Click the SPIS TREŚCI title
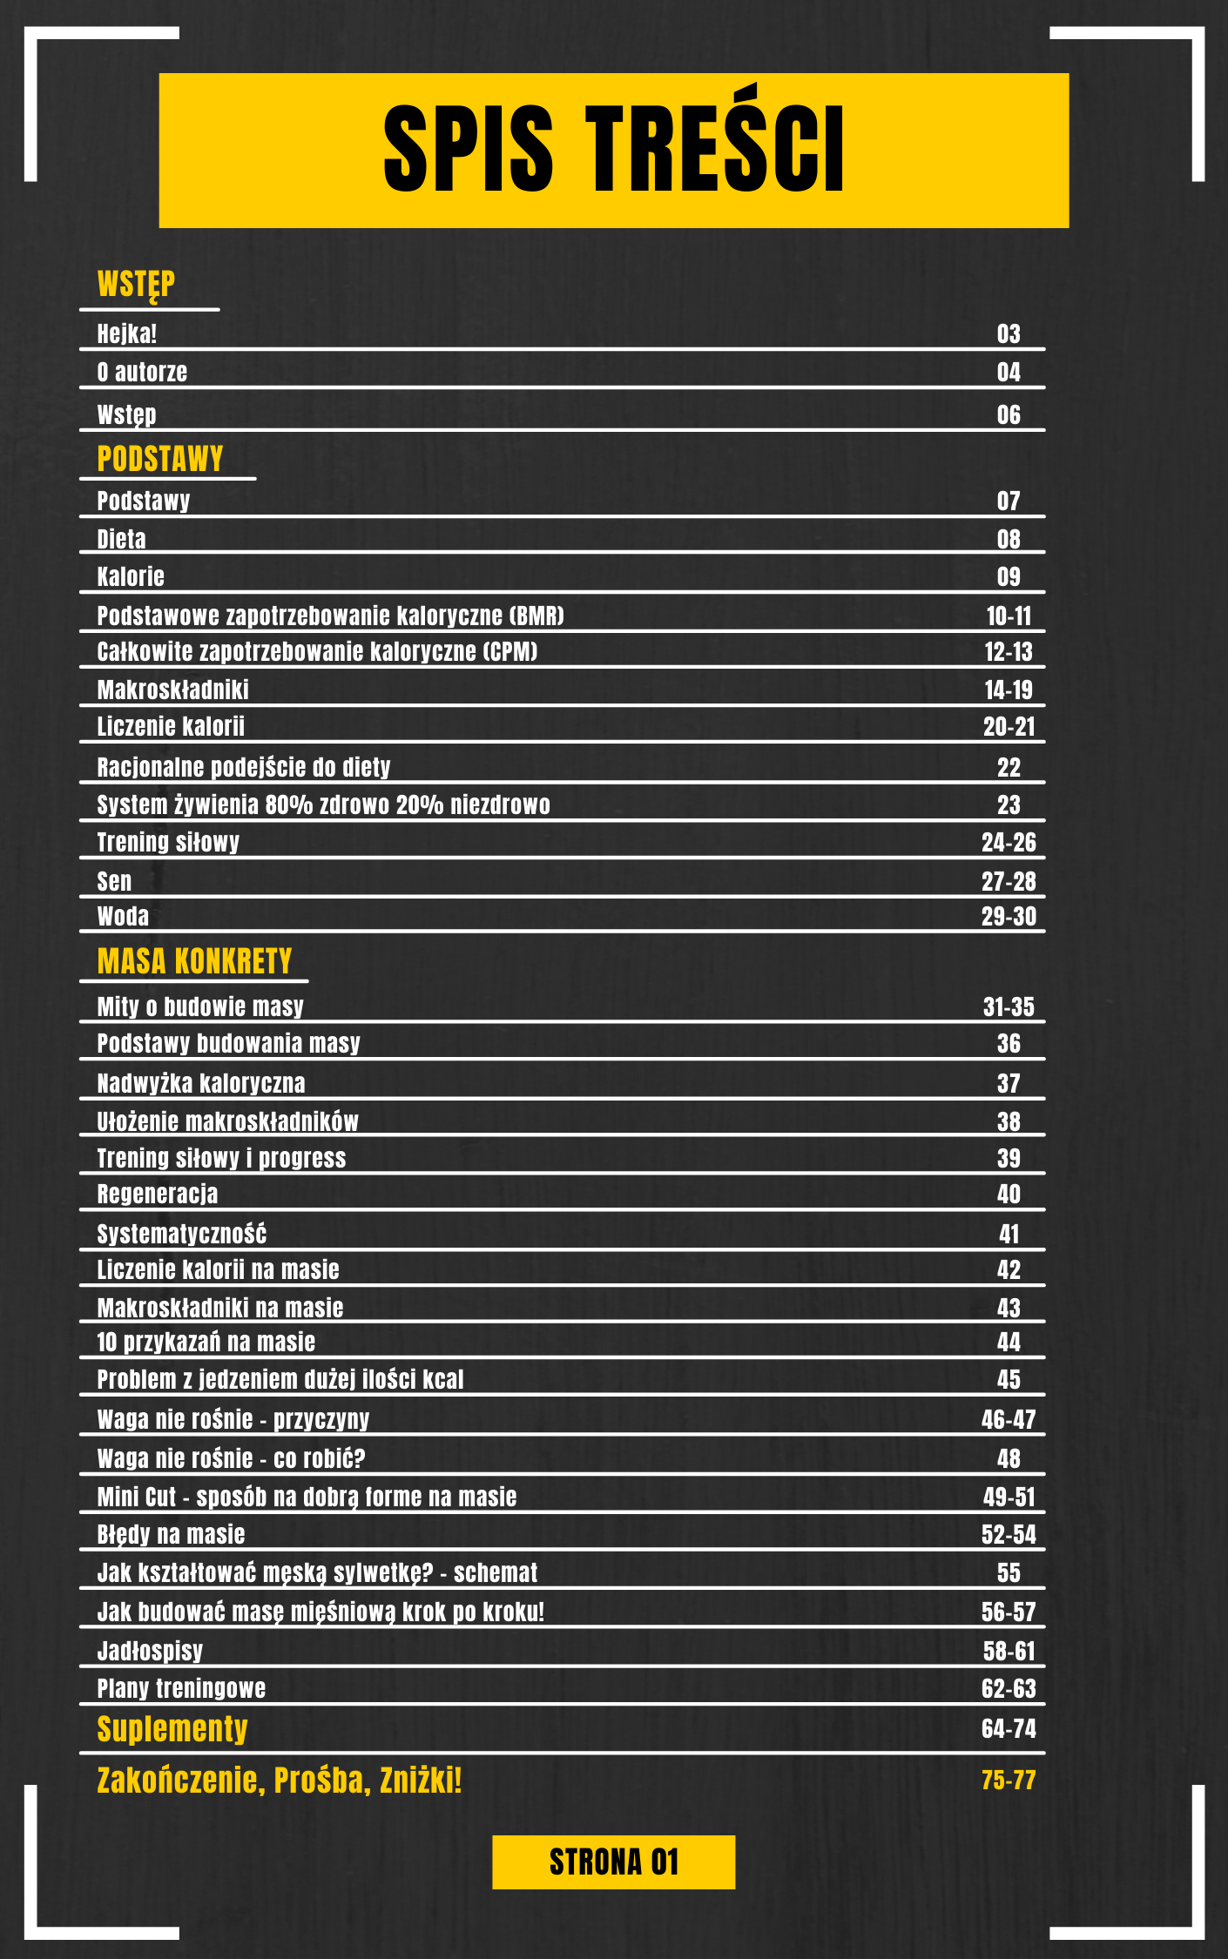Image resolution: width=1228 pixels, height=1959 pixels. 613,148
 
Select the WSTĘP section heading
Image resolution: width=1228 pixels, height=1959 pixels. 136,285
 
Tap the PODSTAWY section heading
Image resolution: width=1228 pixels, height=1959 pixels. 160,459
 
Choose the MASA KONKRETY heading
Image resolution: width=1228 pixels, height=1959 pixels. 194,961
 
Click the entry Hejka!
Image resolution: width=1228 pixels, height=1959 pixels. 127,333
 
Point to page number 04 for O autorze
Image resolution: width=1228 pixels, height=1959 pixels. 1009,373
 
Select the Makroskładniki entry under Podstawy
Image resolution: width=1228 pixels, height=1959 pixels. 172,690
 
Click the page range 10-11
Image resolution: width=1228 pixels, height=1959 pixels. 1009,616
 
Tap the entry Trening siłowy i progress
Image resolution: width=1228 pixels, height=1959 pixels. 221,1158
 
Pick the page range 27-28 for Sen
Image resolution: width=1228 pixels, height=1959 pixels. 1009,881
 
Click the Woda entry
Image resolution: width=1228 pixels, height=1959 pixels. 123,916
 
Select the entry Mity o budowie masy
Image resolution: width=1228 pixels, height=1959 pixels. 200,1006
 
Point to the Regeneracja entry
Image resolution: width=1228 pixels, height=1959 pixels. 158,1194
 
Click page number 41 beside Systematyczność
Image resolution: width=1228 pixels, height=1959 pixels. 1009,1234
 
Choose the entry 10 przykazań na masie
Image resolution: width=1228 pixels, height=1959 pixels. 206,1342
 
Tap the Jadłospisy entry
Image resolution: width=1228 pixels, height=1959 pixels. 150,1651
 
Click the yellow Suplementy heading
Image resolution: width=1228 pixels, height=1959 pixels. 172,1728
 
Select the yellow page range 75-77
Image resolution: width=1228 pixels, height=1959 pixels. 1009,1781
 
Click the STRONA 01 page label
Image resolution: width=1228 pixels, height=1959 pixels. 613,1862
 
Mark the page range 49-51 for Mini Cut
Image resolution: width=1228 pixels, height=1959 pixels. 1009,1497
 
